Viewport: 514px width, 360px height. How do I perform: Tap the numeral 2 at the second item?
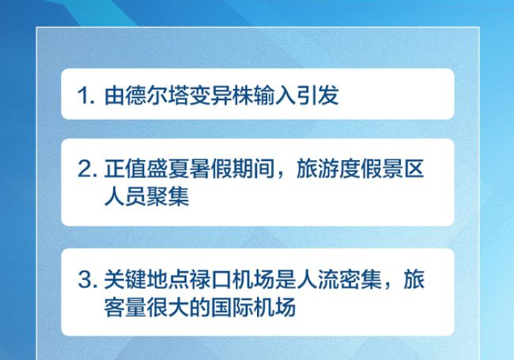pyautogui.click(x=86, y=171)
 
